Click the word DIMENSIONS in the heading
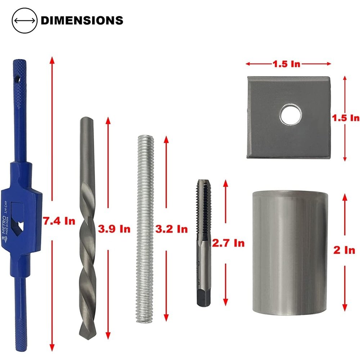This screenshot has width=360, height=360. click(x=82, y=20)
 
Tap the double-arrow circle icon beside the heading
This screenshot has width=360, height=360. click(x=24, y=20)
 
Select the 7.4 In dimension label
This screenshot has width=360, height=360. click(x=59, y=221)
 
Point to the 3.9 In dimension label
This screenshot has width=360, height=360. click(x=114, y=229)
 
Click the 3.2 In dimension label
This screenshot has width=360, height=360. click(x=171, y=229)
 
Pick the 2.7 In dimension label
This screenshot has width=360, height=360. click(x=228, y=243)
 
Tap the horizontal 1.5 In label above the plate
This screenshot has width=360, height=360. click(x=286, y=64)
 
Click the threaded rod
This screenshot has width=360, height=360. click(x=146, y=227)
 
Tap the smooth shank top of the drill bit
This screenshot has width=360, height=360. click(x=86, y=144)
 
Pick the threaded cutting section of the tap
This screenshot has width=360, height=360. click(x=202, y=209)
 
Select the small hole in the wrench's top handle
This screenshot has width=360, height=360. click(x=16, y=77)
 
